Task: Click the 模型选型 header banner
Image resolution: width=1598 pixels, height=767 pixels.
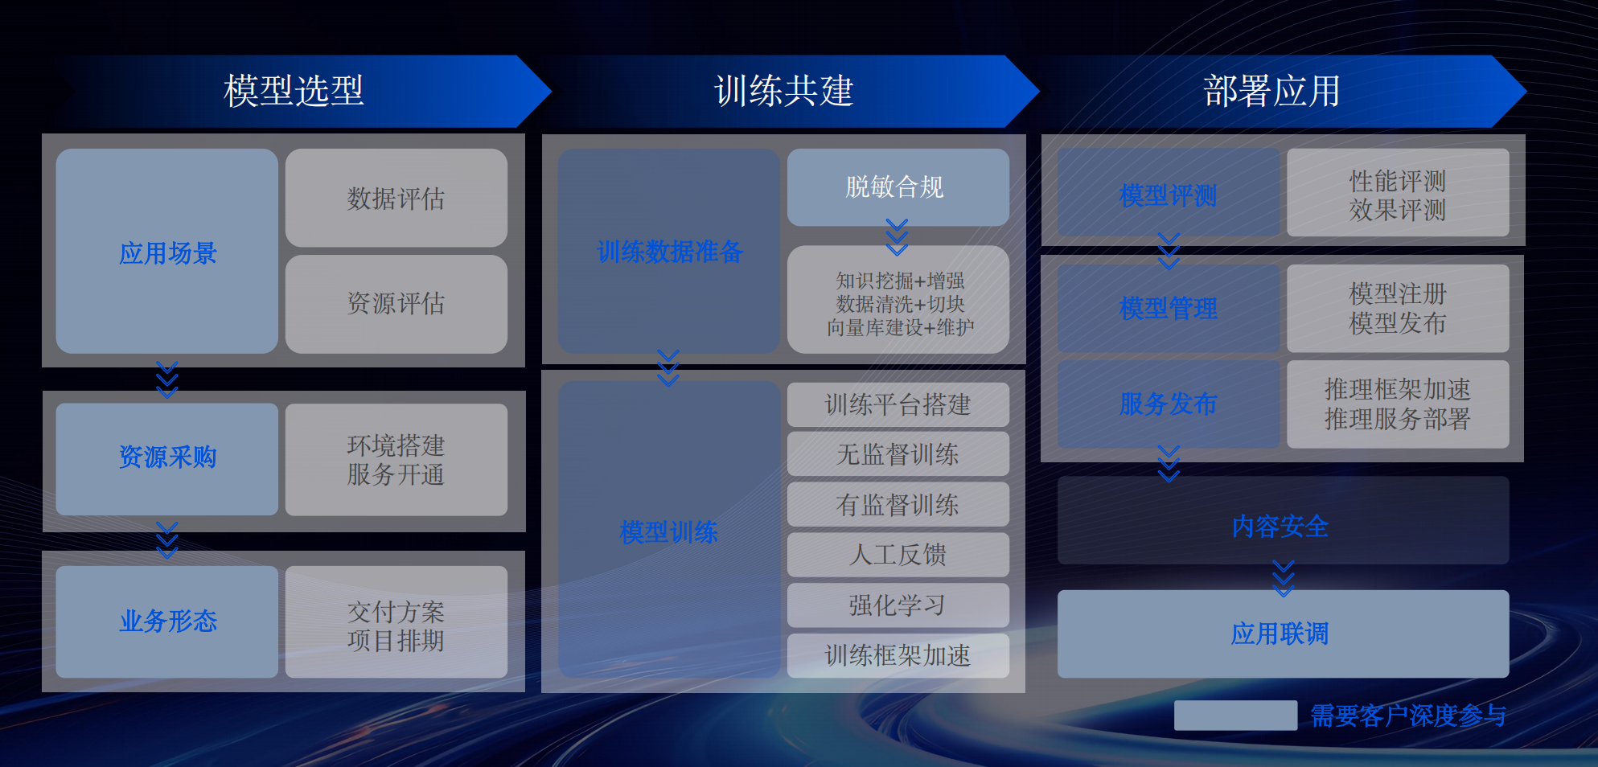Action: pos(294,91)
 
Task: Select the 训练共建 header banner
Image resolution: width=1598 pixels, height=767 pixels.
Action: pos(783,91)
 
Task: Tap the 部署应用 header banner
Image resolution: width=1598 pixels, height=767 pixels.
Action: pos(1271,91)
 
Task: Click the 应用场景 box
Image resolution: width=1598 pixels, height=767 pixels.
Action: pos(167,252)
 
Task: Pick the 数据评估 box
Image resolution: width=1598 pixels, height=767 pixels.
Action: pos(396,198)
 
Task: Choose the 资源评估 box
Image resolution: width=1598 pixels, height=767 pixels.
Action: pos(396,303)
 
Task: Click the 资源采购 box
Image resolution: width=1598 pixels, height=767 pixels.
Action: pos(167,458)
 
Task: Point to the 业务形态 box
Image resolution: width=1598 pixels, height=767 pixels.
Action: pos(167,621)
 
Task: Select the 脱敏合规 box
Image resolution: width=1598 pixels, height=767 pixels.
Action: pos(898,187)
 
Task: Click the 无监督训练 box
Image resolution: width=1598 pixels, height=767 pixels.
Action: pos(898,454)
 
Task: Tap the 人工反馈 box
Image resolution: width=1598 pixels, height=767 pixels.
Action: pos(898,555)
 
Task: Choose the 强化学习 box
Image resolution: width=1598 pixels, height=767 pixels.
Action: pos(898,605)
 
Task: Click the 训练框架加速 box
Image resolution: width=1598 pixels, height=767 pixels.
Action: pos(898,655)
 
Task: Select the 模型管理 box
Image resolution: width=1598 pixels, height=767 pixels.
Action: pos(1168,309)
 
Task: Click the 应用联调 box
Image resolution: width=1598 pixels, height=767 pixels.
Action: pos(1282,634)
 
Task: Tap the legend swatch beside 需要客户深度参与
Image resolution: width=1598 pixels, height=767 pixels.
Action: pos(1235,715)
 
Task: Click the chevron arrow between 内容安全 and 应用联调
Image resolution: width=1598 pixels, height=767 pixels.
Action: pos(1284,579)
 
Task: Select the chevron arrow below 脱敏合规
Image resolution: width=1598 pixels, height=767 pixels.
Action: pos(898,236)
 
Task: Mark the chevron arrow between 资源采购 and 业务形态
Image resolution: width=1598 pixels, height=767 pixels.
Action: pos(167,539)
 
